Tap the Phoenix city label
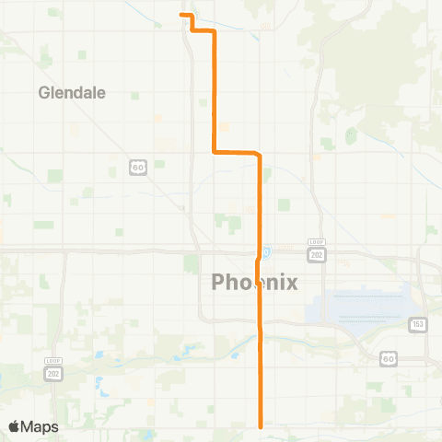255,283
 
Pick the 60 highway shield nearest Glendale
135,167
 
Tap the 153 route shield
416,324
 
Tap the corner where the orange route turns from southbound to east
215,152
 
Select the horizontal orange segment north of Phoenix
236,152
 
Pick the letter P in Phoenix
219,283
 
